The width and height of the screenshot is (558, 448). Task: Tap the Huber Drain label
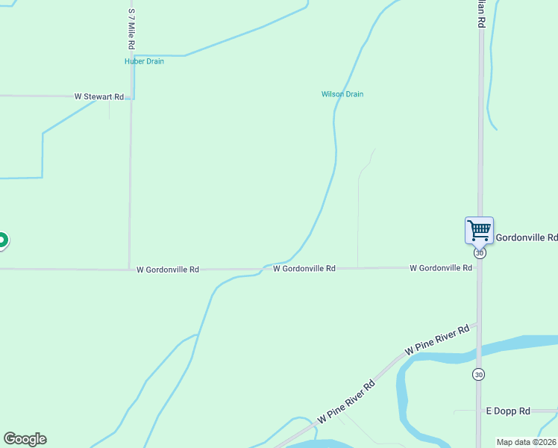tap(144, 61)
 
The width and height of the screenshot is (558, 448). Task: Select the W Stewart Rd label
tap(98, 97)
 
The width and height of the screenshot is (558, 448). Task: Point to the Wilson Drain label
tap(342, 94)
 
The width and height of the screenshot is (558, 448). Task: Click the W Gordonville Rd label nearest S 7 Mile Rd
tap(168, 270)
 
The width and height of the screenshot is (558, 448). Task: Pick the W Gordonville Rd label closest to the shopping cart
tap(441, 267)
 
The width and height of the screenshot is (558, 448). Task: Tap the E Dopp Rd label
tap(508, 411)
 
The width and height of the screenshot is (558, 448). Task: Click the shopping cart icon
tap(479, 229)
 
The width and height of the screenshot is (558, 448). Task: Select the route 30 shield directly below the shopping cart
tap(480, 252)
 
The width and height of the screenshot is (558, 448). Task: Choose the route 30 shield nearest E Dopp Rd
tap(478, 373)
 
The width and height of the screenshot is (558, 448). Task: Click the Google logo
tap(25, 439)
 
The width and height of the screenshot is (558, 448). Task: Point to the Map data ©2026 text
tap(527, 442)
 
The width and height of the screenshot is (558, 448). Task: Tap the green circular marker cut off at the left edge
tap(2, 240)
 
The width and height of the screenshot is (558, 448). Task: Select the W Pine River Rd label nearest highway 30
tap(436, 339)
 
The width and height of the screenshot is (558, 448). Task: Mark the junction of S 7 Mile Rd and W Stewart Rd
tap(131, 97)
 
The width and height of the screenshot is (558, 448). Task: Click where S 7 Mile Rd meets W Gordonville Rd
tap(130, 269)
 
